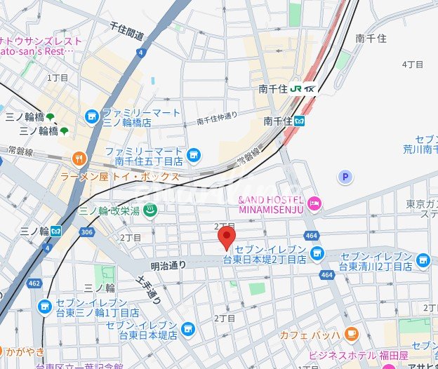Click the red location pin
click(x=225, y=237)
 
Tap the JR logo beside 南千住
click(x=296, y=88)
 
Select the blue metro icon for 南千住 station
click(x=299, y=121)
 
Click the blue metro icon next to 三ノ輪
click(x=55, y=230)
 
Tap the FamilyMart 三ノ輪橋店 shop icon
click(x=91, y=116)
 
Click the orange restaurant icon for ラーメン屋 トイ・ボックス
click(x=79, y=158)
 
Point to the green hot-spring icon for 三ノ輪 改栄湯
click(x=150, y=209)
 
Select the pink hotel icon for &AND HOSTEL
click(x=314, y=203)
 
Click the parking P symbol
click(x=345, y=178)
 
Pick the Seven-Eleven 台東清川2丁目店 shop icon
click(x=423, y=261)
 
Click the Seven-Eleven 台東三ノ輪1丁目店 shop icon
click(x=46, y=307)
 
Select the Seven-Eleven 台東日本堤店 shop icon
click(x=187, y=328)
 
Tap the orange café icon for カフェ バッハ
click(x=352, y=333)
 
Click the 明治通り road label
click(x=168, y=265)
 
